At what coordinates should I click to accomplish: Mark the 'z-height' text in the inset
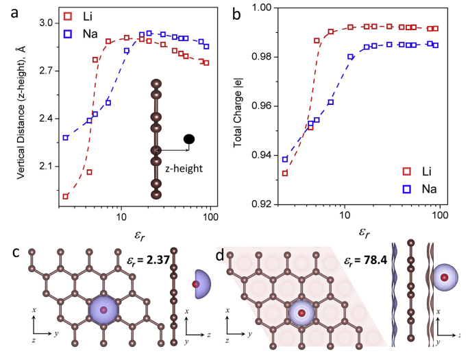click(x=180, y=166)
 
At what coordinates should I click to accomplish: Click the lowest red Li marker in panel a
click(x=66, y=197)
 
